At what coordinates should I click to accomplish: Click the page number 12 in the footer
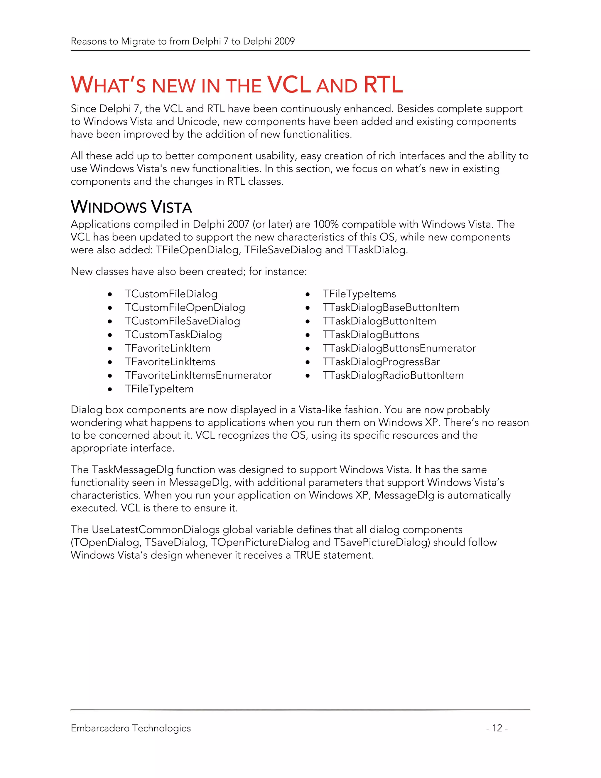click(497, 728)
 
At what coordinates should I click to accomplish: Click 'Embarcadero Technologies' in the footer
click(131, 728)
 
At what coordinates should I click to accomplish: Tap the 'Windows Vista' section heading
click(131, 207)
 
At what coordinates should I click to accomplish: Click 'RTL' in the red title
click(383, 85)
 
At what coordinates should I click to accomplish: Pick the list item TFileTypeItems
click(359, 294)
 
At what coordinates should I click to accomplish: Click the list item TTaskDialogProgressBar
click(381, 362)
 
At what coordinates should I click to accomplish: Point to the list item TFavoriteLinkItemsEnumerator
click(198, 375)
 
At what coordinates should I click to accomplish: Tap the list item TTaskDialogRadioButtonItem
click(393, 375)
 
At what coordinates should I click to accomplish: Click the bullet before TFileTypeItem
click(110, 389)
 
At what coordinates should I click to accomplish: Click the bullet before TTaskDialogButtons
click(308, 335)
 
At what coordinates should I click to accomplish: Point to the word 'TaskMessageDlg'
click(132, 469)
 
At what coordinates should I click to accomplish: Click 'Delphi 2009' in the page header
click(269, 41)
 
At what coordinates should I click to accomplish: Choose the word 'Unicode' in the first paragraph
click(198, 122)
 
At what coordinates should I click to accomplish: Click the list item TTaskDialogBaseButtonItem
click(391, 307)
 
